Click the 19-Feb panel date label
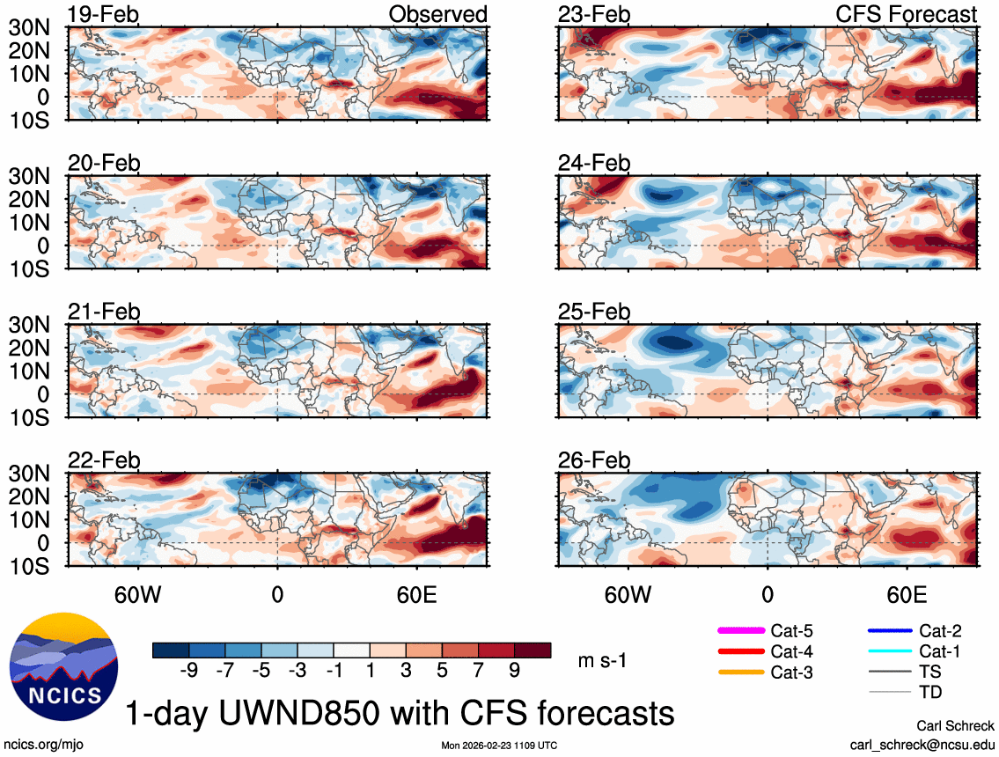coord(104,14)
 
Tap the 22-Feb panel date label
coord(104,460)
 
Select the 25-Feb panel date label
coord(594,312)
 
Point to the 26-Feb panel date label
coord(594,460)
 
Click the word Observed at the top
coord(437,14)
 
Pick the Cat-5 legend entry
coord(791,630)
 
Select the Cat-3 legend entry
coord(791,672)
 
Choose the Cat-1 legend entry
coord(940,651)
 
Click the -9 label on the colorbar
coord(187,671)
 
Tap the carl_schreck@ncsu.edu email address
coord(922,745)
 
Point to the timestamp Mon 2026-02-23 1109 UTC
coord(499,746)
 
